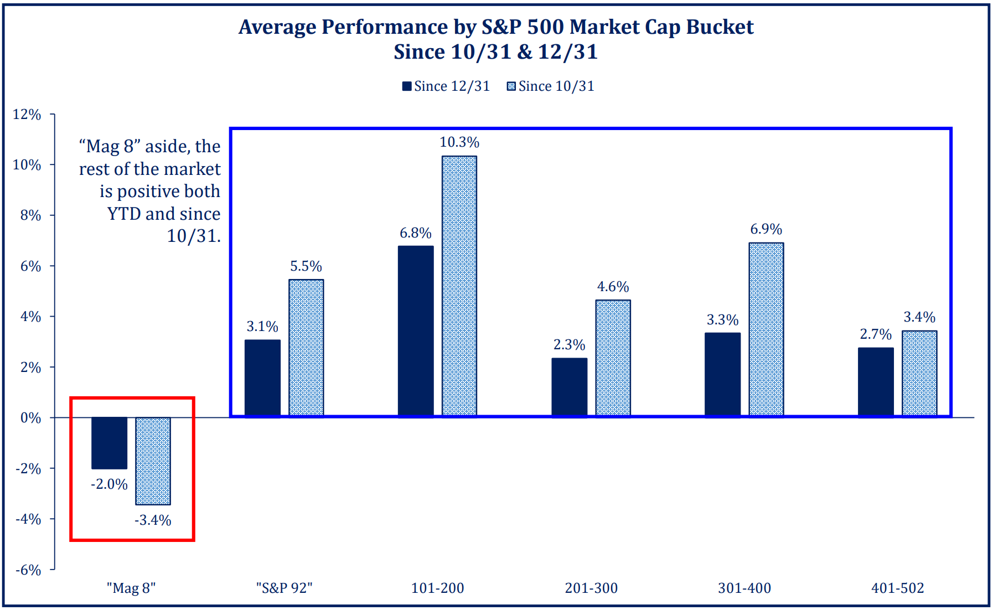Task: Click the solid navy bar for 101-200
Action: tap(416, 330)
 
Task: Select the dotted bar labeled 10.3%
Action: tap(459, 286)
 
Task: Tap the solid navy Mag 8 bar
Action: tap(109, 443)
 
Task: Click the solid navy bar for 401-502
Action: tap(876, 381)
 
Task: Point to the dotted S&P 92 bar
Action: tap(306, 347)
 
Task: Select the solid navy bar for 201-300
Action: tap(569, 387)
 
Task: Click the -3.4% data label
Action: tap(153, 520)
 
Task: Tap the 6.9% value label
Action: tap(766, 229)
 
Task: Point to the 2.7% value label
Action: tap(876, 334)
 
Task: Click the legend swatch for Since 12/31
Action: tap(407, 86)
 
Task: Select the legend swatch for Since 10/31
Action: tap(511, 86)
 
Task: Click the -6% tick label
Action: tap(28, 570)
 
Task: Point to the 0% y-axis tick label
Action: tap(31, 418)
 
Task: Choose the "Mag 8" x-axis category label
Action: tap(131, 588)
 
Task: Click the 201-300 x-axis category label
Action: tap(591, 588)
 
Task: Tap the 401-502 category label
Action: tap(898, 588)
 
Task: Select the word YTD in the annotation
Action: tap(125, 214)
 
